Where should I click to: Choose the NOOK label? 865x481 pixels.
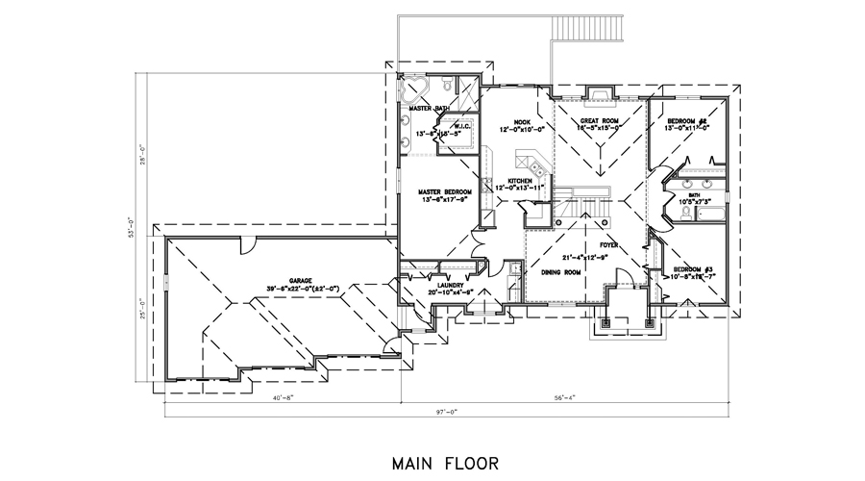(522, 122)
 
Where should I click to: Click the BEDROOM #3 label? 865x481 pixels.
(693, 268)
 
